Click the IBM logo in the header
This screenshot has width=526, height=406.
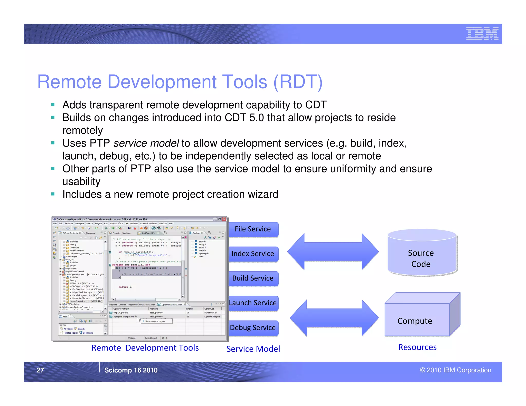pyautogui.click(x=482, y=34)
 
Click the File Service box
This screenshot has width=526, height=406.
pyautogui.click(x=253, y=229)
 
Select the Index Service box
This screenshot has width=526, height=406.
pyautogui.click(x=253, y=254)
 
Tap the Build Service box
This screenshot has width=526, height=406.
pyautogui.click(x=253, y=278)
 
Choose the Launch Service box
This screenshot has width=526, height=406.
pyautogui.click(x=253, y=303)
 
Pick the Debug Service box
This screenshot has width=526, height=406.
pyautogui.click(x=253, y=328)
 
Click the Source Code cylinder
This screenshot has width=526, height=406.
pyautogui.click(x=421, y=257)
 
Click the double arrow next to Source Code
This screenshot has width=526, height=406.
pyautogui.click(x=333, y=252)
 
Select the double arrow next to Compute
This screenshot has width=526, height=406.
pyautogui.click(x=334, y=318)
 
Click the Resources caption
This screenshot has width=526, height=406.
pyautogui.click(x=417, y=347)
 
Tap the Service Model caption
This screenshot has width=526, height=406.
pyautogui.click(x=253, y=349)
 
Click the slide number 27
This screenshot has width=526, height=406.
pyautogui.click(x=40, y=370)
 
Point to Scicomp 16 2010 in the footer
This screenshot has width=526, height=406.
pyautogui.click(x=131, y=370)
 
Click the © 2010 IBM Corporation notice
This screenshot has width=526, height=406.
pyautogui.click(x=455, y=370)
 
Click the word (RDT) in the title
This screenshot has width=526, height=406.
pyautogui.click(x=298, y=82)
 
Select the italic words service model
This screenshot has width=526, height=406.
pyautogui.click(x=146, y=143)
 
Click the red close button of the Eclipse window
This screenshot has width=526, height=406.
pyautogui.click(x=224, y=219)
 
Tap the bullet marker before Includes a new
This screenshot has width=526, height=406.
pyautogui.click(x=53, y=194)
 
